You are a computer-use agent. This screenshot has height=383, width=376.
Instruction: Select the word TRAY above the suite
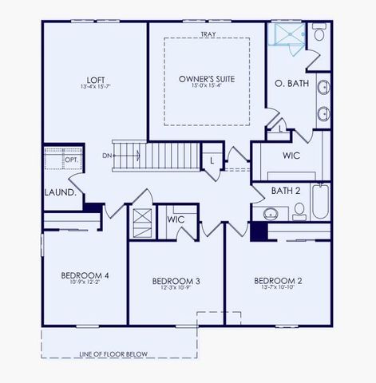[x=208, y=34]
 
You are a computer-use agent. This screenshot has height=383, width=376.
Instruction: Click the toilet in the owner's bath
[x=319, y=34]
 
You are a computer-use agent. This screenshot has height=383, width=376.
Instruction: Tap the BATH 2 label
[x=285, y=191]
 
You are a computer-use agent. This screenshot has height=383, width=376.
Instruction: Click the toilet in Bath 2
[x=299, y=211]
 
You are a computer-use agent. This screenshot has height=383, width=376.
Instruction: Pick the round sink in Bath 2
[x=270, y=214]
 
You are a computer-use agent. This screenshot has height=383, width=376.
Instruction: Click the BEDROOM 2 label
[x=277, y=280]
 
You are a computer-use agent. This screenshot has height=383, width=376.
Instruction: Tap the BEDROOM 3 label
[x=176, y=281]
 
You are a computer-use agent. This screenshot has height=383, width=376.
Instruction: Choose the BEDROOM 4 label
[x=85, y=276]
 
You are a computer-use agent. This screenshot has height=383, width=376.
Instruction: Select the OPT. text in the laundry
[x=71, y=160]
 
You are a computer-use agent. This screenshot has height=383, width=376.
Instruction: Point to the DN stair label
[x=108, y=156]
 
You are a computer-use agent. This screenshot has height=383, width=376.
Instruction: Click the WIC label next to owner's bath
[x=291, y=155]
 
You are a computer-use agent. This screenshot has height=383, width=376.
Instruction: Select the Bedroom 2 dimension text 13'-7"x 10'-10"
[x=277, y=289]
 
